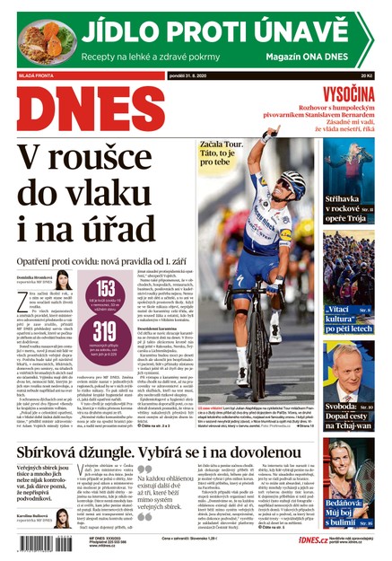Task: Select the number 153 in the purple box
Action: (107, 289)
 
